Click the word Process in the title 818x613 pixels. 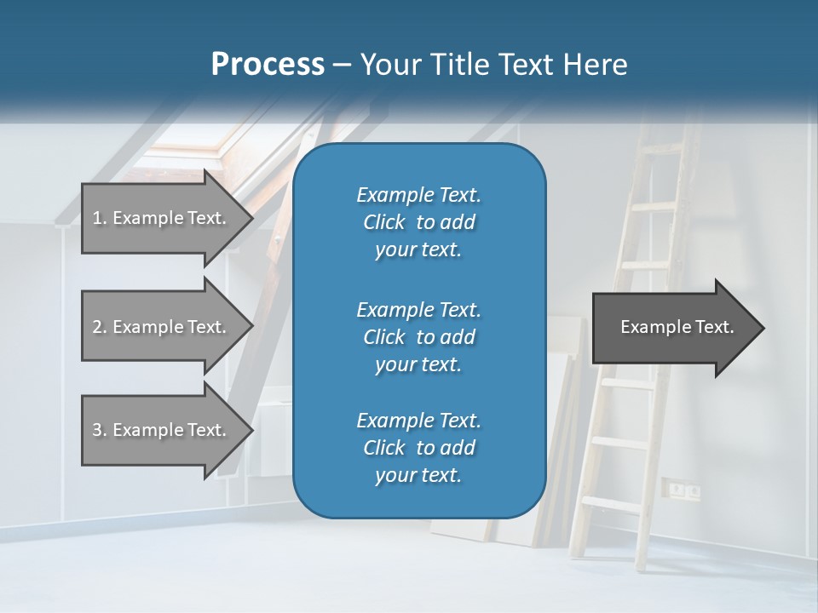pyautogui.click(x=268, y=65)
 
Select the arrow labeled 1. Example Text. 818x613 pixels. pyautogui.click(x=162, y=218)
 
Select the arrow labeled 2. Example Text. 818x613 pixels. pyautogui.click(x=162, y=327)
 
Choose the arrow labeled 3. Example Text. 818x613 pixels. pyautogui.click(x=162, y=430)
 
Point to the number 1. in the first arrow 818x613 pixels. pyautogui.click(x=100, y=218)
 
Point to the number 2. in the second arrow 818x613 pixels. pyautogui.click(x=100, y=327)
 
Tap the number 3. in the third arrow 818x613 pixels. pyautogui.click(x=100, y=430)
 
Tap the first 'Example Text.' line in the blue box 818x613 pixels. pyautogui.click(x=418, y=195)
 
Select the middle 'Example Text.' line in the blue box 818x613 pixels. pyautogui.click(x=418, y=309)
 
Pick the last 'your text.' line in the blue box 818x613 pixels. pyautogui.click(x=418, y=476)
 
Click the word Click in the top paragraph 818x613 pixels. pyautogui.click(x=384, y=222)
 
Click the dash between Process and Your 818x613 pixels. pyautogui.click(x=343, y=65)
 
